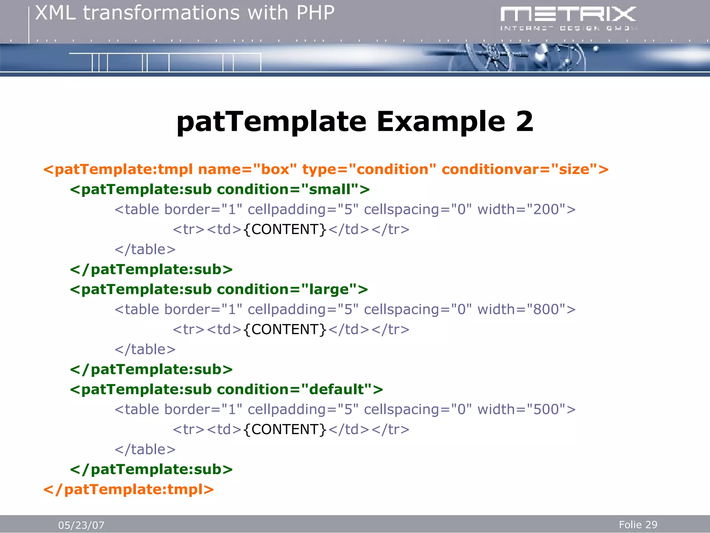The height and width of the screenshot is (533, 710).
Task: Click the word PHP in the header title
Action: click(315, 13)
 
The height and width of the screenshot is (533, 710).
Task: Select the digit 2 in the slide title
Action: click(524, 121)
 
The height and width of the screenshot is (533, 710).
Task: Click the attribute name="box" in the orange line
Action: click(247, 169)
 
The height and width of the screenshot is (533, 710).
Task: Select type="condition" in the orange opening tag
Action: click(369, 169)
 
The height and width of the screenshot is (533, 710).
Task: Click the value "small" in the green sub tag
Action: click(329, 189)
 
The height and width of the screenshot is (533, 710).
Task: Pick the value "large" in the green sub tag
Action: click(329, 289)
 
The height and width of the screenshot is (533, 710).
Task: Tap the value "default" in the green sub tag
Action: click(336, 389)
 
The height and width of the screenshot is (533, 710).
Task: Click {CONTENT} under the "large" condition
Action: click(285, 329)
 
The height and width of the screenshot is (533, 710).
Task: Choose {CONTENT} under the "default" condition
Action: click(285, 429)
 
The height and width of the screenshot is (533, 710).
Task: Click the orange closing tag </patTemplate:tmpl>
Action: click(129, 489)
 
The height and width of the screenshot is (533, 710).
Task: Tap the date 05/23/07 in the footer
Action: click(81, 525)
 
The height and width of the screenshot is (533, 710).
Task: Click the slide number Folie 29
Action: click(638, 525)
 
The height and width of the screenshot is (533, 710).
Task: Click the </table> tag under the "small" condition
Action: click(145, 249)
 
